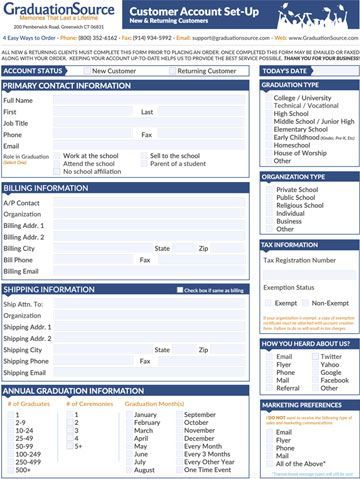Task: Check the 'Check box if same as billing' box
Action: (x=177, y=290)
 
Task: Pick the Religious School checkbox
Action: (x=267, y=204)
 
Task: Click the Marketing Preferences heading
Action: (x=302, y=406)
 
